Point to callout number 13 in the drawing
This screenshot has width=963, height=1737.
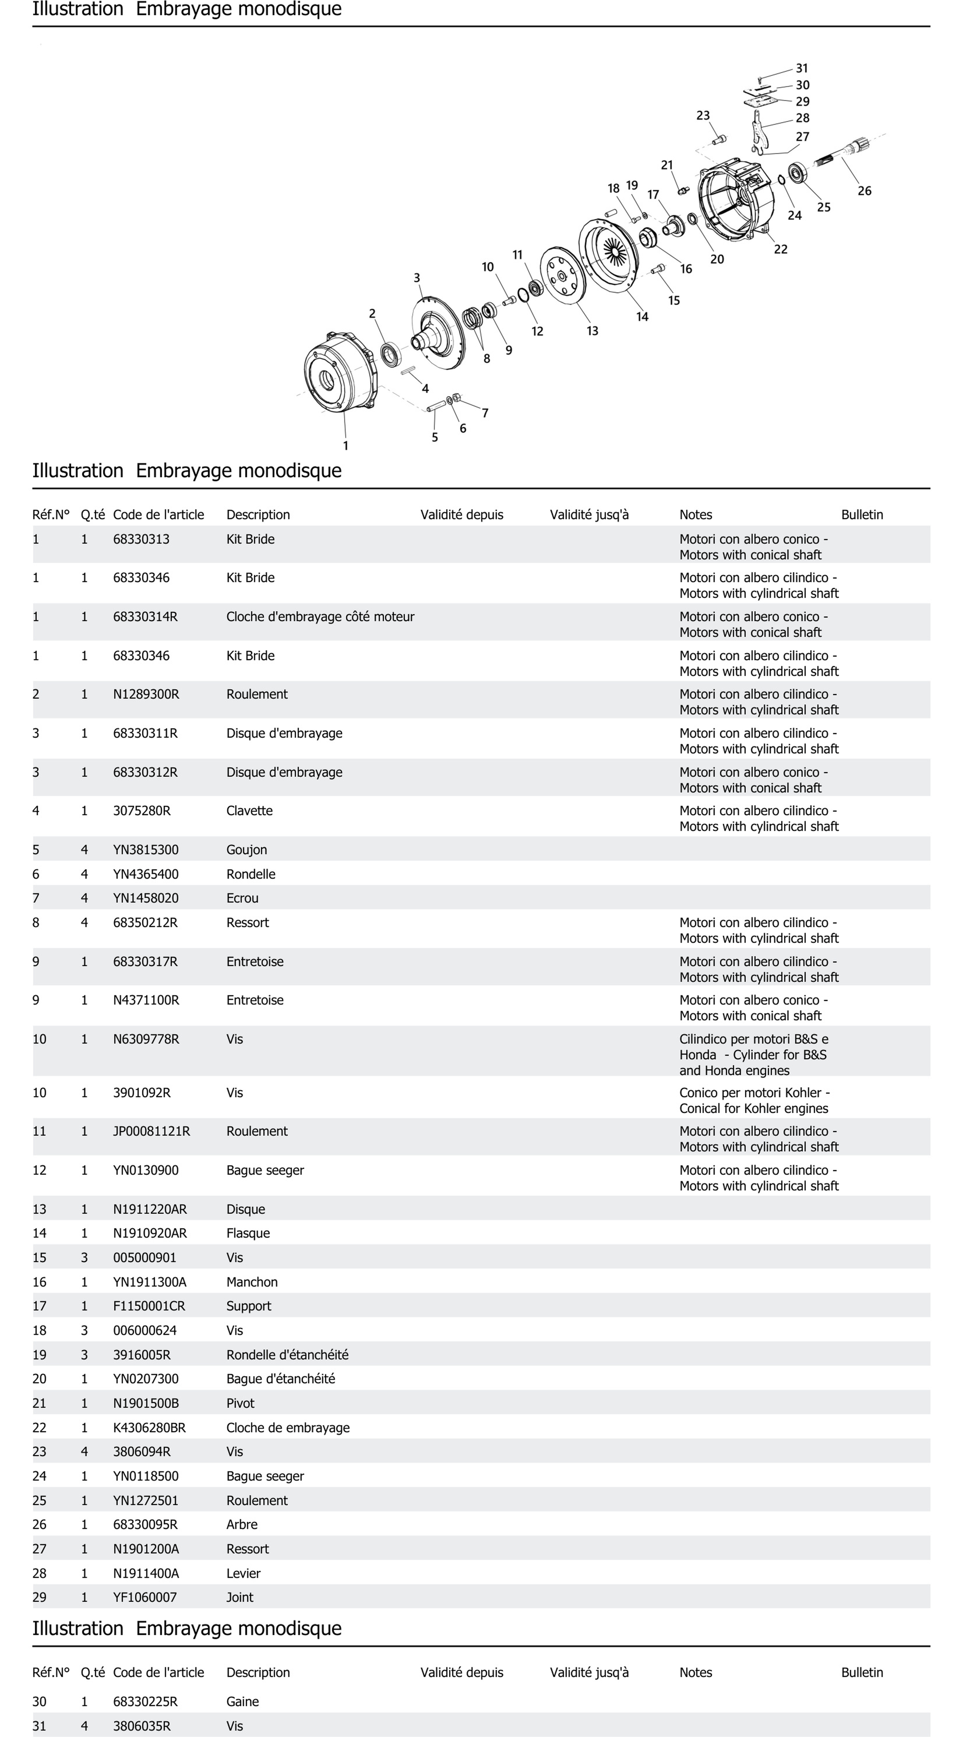point(592,331)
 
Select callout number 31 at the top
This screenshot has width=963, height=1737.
point(802,68)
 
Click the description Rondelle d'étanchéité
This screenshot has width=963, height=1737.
point(287,1355)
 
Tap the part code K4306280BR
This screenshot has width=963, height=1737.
point(149,1428)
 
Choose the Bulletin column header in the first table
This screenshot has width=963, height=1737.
point(862,515)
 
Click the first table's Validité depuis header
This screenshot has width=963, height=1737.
point(462,515)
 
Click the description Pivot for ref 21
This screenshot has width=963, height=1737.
point(241,1403)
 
